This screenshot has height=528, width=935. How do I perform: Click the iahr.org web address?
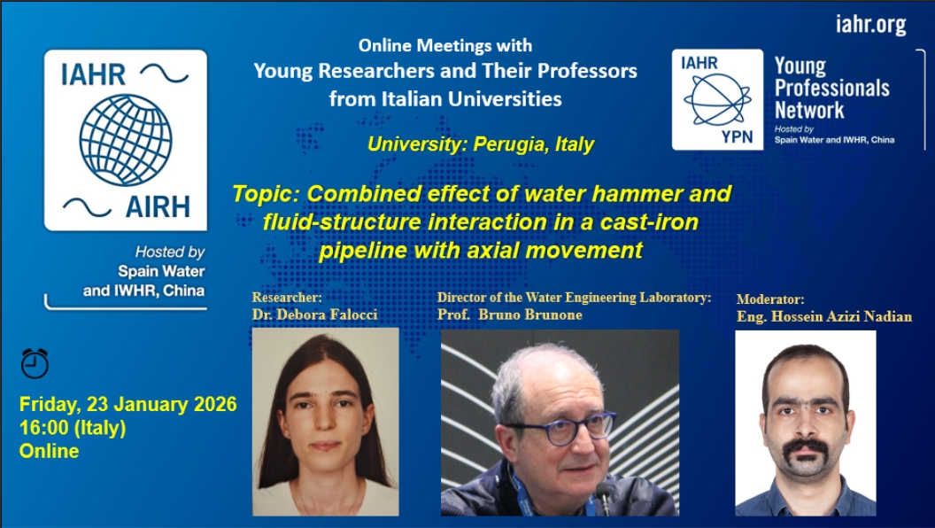pos(870,25)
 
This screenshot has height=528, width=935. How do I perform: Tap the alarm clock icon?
pos(35,362)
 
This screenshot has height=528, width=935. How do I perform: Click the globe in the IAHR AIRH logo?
pos(125,140)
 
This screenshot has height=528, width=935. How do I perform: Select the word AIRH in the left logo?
pos(158,207)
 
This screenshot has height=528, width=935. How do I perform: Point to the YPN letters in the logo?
pos(737,136)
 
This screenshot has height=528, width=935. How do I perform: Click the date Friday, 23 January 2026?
pos(128,405)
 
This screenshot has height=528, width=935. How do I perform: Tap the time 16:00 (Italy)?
pos(73,428)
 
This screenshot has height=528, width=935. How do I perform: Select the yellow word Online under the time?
pos(49,450)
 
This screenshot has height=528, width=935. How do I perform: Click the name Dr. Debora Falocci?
pos(315,314)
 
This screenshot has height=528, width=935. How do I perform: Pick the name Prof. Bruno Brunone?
pos(510,314)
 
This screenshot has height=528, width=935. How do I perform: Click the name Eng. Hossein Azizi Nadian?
pos(824,317)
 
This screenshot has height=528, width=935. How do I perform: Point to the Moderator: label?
pos(770,299)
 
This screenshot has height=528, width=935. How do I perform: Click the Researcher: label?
pos(287,297)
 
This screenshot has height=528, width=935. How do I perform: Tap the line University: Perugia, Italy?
pos(481,144)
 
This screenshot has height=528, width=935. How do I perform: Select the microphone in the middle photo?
pos(606,497)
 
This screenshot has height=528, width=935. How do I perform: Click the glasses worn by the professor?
pos(558,429)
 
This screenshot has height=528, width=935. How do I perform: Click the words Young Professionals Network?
pos(831,88)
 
